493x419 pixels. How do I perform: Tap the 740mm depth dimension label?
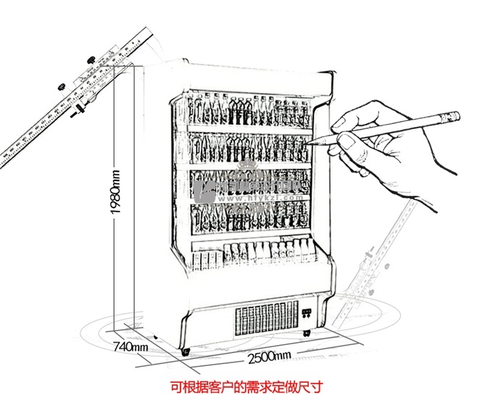131,347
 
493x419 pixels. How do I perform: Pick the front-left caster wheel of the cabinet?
186,352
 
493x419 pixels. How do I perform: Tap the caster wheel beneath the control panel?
307,333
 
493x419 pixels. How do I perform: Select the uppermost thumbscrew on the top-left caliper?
92,59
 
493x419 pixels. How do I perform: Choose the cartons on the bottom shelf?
268,252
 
